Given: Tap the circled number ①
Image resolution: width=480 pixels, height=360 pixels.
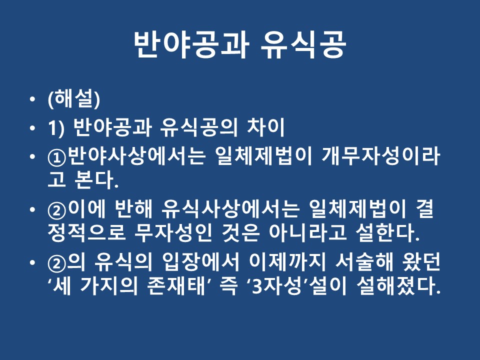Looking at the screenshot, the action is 57,156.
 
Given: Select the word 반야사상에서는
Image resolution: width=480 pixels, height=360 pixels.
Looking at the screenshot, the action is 136,156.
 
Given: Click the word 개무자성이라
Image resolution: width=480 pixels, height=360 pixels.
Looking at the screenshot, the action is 381,156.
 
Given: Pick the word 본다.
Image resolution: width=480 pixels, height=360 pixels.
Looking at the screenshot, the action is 96,179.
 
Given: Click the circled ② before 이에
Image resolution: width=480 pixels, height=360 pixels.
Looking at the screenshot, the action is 57,210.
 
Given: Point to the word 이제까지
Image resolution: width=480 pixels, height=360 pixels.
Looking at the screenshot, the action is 287,262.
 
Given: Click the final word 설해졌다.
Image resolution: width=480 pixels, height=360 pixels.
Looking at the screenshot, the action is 399,285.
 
